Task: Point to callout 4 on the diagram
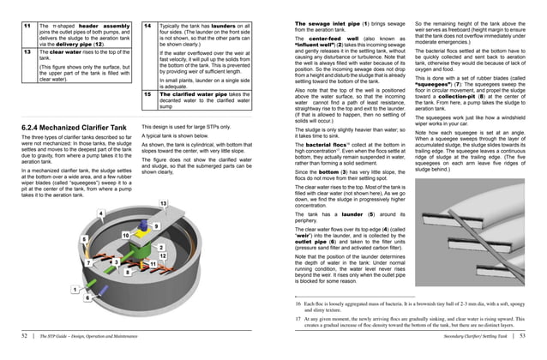101,213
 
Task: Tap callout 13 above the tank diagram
163,202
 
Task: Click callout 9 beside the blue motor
156,225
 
